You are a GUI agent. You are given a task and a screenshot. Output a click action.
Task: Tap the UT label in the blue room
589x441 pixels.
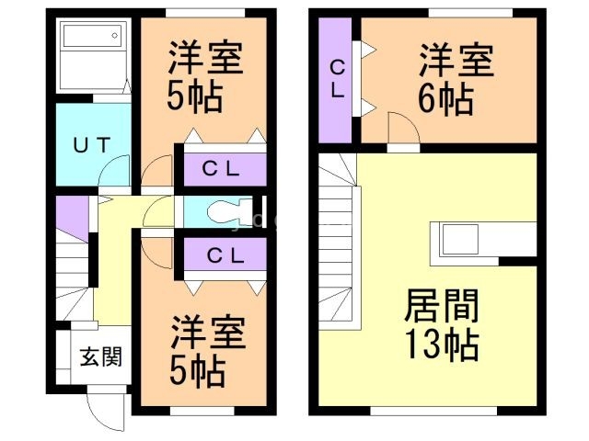[93, 144]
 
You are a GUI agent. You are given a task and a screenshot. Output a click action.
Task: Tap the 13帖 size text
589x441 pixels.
[440, 345]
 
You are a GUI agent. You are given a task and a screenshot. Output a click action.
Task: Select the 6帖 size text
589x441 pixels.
[445, 96]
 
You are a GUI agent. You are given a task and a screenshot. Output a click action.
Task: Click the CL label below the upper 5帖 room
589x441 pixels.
[222, 168]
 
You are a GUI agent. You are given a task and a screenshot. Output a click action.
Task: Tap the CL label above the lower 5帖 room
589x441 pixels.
[222, 256]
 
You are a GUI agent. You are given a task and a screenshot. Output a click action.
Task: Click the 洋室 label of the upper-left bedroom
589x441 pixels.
[204, 59]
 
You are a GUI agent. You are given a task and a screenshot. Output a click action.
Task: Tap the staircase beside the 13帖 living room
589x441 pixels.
[338, 239]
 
